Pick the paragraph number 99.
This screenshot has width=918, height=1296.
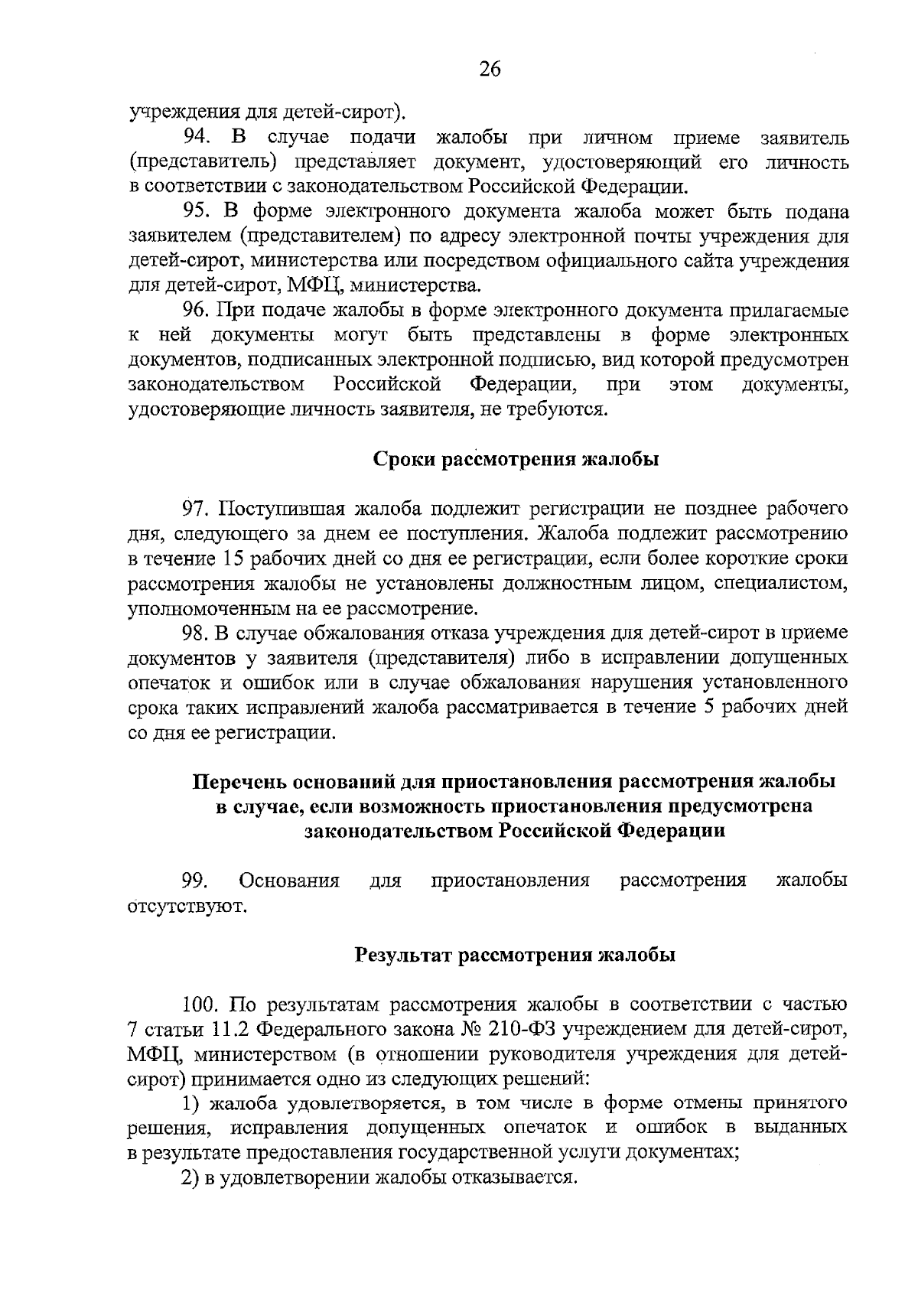pyautogui.click(x=197, y=881)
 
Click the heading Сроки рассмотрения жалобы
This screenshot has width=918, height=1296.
pyautogui.click(x=516, y=460)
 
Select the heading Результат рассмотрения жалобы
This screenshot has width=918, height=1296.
pyautogui.click(x=516, y=956)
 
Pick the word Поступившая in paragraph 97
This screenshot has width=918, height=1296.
pyautogui.click(x=275, y=509)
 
